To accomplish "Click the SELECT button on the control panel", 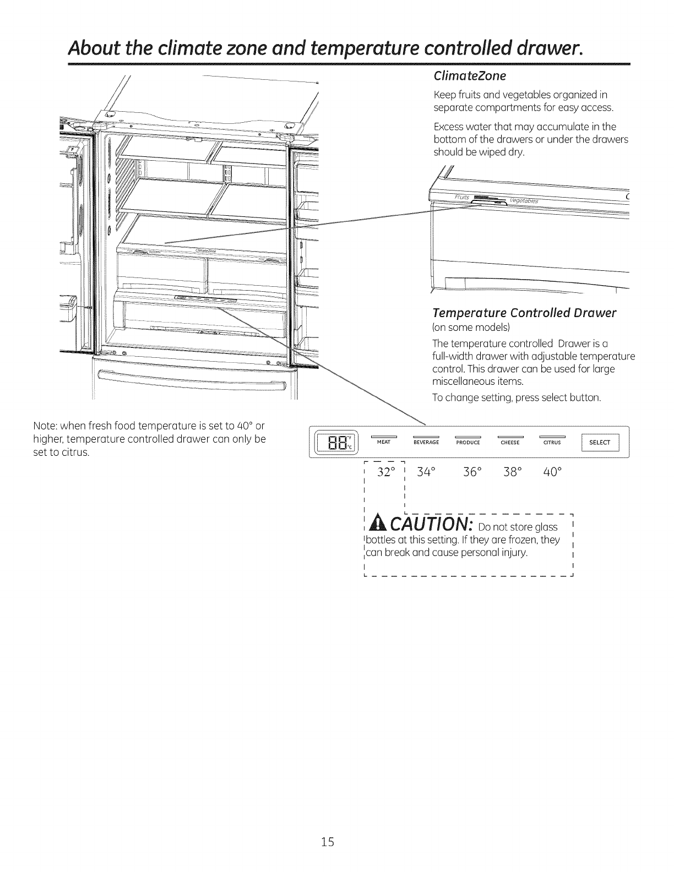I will (x=600, y=443).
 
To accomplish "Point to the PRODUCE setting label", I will (x=469, y=443).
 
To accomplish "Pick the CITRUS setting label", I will (x=552, y=443).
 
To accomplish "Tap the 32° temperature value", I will (x=387, y=472).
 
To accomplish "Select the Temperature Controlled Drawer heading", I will (x=524, y=313).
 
